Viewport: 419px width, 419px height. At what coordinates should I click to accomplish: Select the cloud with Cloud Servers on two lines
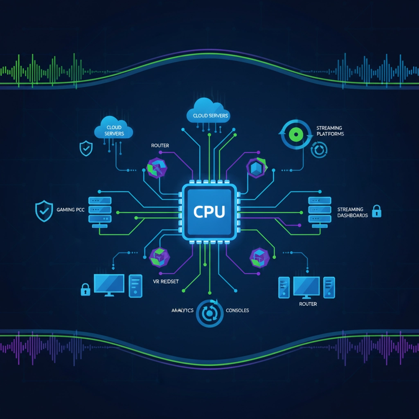[113, 130]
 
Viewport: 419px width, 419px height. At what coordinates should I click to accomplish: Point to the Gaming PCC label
[71, 209]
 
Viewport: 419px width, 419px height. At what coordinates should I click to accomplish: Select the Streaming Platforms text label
[330, 131]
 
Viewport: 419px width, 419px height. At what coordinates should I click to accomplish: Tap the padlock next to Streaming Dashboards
[376, 211]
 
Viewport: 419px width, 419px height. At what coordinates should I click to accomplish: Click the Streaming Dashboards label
[352, 212]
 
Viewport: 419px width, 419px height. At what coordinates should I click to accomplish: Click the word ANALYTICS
[182, 311]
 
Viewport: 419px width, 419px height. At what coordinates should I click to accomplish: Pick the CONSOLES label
[237, 311]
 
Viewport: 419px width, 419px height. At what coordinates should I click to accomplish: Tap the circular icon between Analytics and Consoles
[209, 313]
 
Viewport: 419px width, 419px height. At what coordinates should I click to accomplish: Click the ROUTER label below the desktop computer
[308, 304]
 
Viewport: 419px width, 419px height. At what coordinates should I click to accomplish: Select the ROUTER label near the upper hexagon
[160, 145]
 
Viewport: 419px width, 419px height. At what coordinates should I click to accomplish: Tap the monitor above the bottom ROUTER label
[306, 286]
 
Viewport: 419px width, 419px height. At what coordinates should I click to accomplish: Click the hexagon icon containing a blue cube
[257, 168]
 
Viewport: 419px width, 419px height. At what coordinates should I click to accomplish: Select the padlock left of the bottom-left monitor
[85, 289]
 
